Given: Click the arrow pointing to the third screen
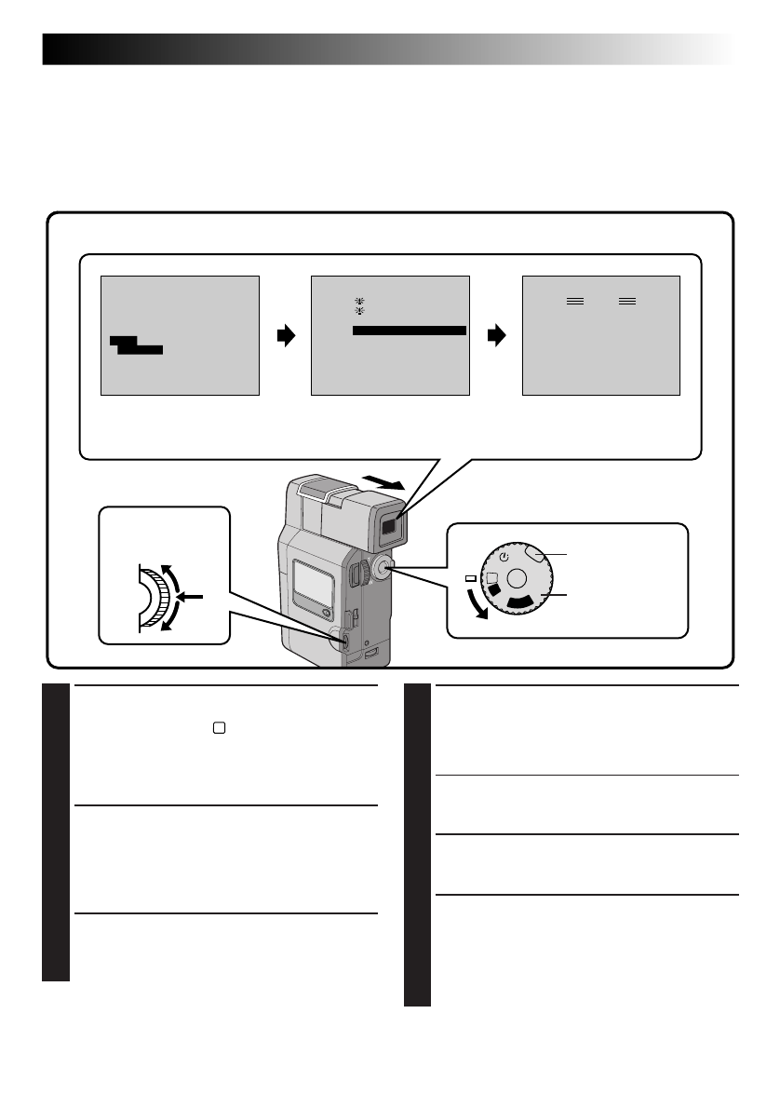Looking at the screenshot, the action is point(497,335).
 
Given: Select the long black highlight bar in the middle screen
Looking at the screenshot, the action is point(409,331).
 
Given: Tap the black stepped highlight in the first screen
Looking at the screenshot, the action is point(135,346).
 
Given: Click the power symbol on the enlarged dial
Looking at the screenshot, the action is point(504,558).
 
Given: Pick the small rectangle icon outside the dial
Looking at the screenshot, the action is point(471,579).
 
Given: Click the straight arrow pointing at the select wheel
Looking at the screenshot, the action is point(194,596).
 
